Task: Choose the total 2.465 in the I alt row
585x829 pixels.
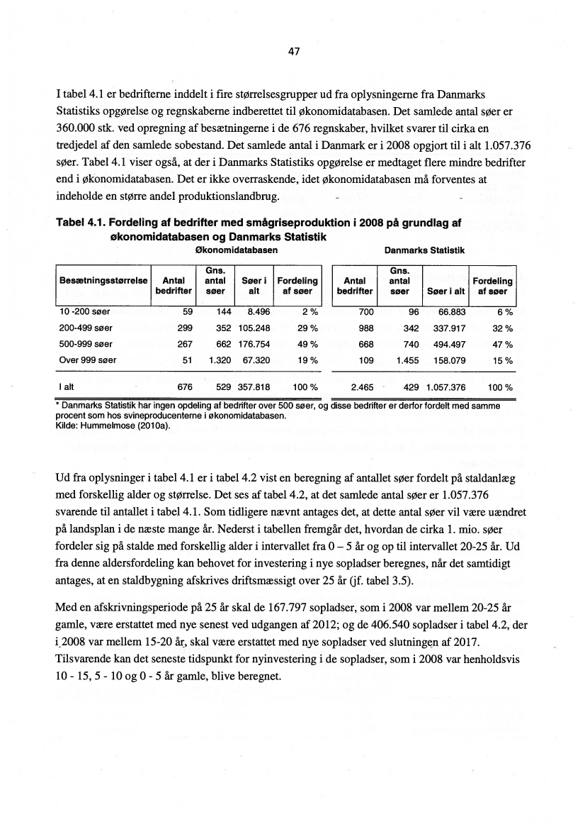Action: coord(362,388)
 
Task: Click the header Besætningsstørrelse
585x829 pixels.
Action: coord(103,281)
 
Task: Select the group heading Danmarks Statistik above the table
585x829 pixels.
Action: coord(424,250)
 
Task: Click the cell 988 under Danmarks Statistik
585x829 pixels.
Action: coord(365,328)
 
